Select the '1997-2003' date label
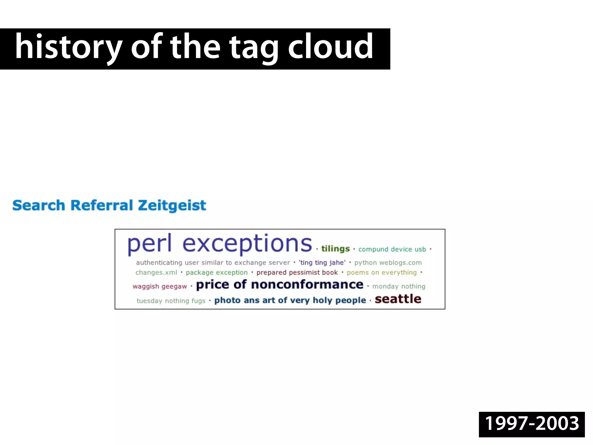[532, 424]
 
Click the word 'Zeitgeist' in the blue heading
[172, 205]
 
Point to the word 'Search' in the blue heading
[39, 205]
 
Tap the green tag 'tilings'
[335, 249]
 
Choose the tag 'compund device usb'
[392, 249]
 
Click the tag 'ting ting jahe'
[322, 263]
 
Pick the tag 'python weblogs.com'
[388, 263]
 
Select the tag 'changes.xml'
[156, 273]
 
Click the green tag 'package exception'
[217, 273]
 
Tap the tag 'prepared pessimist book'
[297, 273]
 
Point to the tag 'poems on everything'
[382, 273]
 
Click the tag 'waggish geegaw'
[160, 287]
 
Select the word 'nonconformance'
[307, 285]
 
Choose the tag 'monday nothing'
[399, 287]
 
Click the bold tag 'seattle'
[398, 299]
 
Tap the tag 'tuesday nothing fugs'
[171, 301]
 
